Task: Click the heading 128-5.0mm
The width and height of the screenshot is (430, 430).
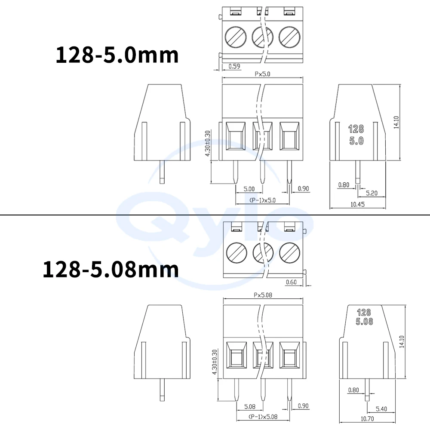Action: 117,55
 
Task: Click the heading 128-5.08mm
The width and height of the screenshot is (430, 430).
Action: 111,269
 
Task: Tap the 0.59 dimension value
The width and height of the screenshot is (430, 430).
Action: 234,66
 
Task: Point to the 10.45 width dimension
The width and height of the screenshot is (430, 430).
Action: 358,205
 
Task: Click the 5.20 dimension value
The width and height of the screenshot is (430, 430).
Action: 372,193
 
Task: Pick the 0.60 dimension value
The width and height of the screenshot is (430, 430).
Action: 291,282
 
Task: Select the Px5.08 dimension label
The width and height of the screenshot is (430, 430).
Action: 264,295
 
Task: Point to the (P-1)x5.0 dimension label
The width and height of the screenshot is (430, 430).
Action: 262,200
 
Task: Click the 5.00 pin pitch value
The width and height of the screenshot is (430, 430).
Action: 249,189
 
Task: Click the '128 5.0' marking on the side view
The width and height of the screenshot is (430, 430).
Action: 356,134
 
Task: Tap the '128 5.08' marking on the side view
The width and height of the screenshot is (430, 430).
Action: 364,317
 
